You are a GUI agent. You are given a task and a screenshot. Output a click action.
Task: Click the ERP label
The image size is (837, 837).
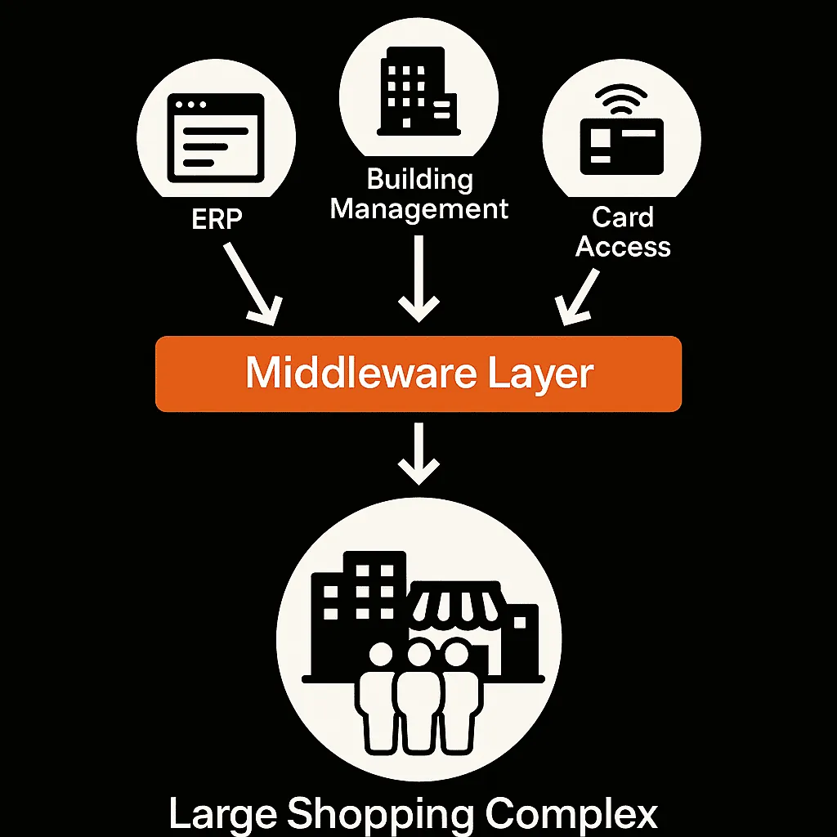[x=217, y=218]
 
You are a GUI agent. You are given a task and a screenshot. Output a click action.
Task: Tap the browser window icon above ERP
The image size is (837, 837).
[x=216, y=138]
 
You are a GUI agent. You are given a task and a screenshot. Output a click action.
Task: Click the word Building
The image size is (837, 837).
[x=420, y=180]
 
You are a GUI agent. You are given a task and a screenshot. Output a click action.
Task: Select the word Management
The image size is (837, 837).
[x=419, y=208]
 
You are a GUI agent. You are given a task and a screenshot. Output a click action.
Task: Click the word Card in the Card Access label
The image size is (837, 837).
[x=622, y=217]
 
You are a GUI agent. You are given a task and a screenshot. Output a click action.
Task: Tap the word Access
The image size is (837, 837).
[x=623, y=247]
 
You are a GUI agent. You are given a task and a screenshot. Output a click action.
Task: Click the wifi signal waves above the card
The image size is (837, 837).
[x=621, y=99]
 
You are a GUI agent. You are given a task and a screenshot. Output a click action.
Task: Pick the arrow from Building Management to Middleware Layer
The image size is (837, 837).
[x=419, y=279]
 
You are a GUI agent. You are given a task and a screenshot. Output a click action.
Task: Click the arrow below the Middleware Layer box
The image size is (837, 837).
[x=419, y=454]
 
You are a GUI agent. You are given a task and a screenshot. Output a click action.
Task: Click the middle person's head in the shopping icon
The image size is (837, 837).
[x=419, y=653]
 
